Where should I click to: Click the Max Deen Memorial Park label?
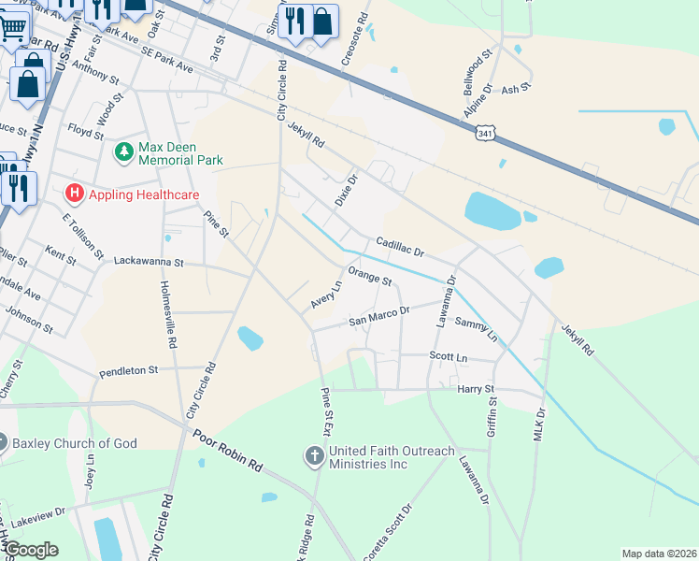pyautogui.click(x=180, y=153)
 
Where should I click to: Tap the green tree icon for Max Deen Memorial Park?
pyautogui.click(x=123, y=151)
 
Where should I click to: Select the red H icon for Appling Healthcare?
pyautogui.click(x=75, y=194)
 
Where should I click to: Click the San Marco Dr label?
pyautogui.click(x=379, y=316)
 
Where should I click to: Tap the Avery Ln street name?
pyautogui.click(x=327, y=296)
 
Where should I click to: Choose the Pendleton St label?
pyautogui.click(x=128, y=370)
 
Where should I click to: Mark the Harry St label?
pyautogui.click(x=474, y=388)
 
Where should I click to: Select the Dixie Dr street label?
pyautogui.click(x=346, y=191)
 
